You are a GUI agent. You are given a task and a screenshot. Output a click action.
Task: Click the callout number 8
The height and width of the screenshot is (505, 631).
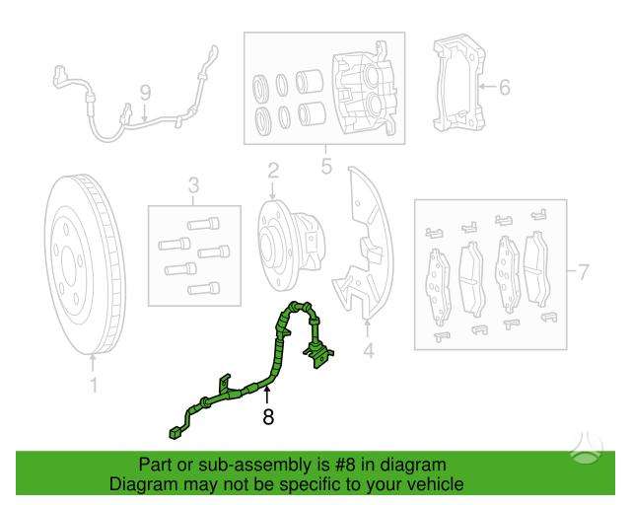point(268,416)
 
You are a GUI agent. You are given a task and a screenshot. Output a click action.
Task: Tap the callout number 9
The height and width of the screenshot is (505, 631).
point(145,93)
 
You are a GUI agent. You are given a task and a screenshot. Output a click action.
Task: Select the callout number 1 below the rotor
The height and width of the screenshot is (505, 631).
point(94,386)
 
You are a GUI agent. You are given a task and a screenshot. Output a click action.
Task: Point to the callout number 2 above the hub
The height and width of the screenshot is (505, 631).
point(273,171)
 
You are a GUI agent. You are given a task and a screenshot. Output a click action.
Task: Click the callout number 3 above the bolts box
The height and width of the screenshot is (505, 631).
point(193,185)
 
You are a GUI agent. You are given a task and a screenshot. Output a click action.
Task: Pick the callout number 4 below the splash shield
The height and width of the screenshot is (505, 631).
point(368,351)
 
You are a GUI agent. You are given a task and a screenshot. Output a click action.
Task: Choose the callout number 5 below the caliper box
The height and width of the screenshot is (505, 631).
point(326,166)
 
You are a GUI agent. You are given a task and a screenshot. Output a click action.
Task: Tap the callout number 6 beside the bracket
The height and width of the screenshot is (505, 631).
point(504,87)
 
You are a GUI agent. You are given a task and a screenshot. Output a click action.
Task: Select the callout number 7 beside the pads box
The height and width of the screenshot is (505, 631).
point(583,272)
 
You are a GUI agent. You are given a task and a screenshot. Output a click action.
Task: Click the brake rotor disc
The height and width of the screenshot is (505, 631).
point(85,265)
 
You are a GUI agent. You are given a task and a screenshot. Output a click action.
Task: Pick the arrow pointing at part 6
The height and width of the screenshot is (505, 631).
point(487,87)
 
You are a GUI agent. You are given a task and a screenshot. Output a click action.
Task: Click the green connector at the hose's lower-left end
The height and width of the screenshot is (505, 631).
point(175,434)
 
